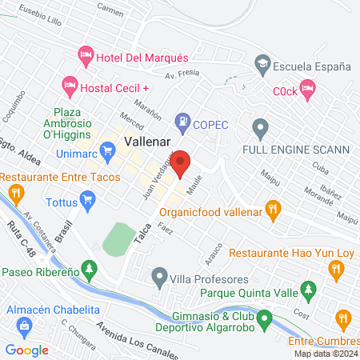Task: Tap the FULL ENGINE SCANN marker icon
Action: tap(259, 126)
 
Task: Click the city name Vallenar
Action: tap(146, 141)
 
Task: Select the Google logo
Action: tap(26, 350)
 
